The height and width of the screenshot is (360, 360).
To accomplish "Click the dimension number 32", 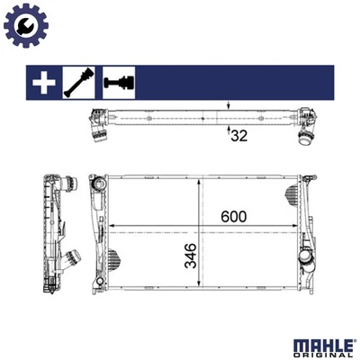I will (238, 137).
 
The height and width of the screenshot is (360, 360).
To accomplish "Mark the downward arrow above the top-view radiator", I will (228, 106).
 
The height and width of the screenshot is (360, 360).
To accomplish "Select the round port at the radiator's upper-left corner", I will (96, 185).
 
